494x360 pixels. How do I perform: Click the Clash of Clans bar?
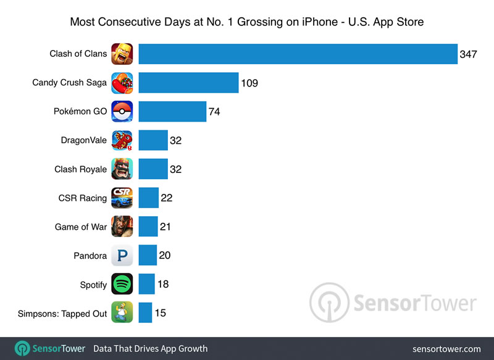pos(297,54)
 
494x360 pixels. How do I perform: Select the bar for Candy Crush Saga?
pos(188,83)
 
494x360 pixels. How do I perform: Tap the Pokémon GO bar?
pos(172,112)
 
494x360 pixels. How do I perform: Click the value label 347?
pos(467,54)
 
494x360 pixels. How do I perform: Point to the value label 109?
pos(249,83)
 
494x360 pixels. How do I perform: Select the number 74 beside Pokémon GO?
pos(214,112)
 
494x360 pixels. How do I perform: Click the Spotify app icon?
pos(122,285)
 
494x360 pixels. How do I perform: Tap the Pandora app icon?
pos(122,256)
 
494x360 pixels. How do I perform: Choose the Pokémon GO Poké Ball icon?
pos(122,112)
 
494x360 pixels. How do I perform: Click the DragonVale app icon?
pos(122,140)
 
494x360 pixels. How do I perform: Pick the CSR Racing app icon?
pos(122,198)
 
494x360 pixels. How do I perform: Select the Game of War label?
pos(80,227)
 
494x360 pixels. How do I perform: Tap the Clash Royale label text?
pos(80,169)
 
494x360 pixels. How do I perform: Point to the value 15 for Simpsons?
pos(160,313)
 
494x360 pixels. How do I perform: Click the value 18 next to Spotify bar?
pos(163,284)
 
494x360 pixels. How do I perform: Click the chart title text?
pos(246,22)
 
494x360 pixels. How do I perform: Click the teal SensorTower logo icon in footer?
pos(23,348)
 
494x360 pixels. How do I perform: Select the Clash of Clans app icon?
pos(122,54)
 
